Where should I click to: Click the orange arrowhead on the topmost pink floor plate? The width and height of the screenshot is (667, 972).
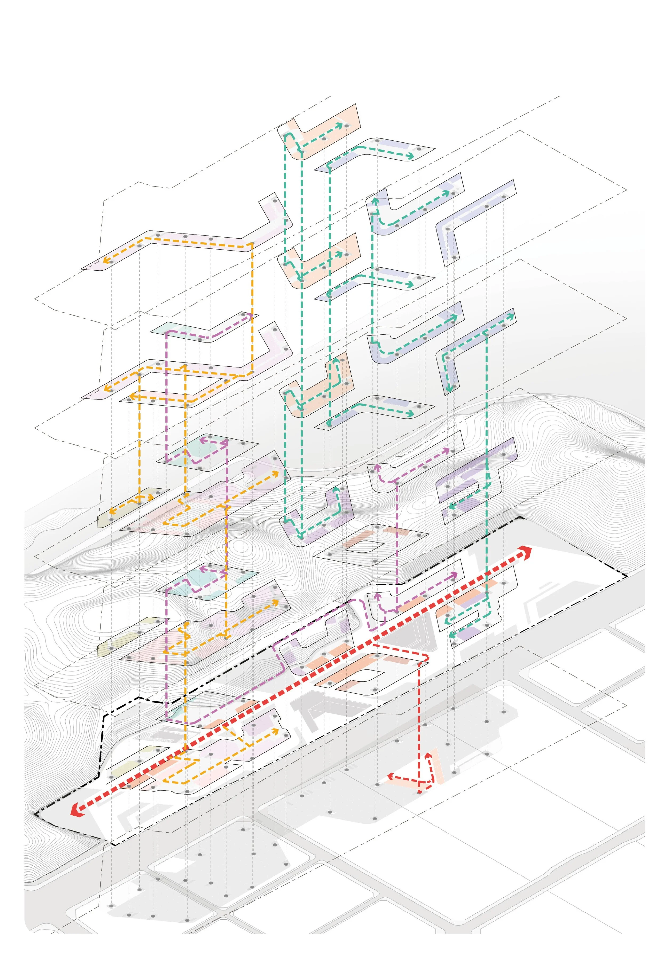pyautogui.click(x=106, y=260)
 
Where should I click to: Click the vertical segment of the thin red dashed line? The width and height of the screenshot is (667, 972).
pyautogui.click(x=419, y=719)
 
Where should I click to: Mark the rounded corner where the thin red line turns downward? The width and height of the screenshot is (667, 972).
pyautogui.click(x=426, y=658)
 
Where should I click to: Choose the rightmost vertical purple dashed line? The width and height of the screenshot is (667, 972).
pyautogui.click(x=396, y=544)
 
